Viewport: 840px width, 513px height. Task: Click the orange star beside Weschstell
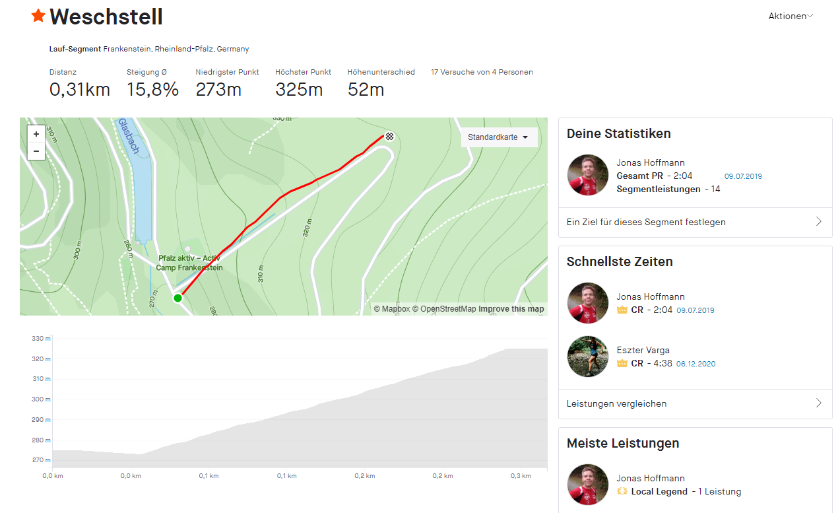tap(38, 16)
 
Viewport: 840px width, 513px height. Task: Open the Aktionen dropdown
tap(791, 16)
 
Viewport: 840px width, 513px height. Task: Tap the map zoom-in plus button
tap(36, 133)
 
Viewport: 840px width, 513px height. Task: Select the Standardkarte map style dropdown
tap(498, 137)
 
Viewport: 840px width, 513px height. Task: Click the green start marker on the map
tap(178, 298)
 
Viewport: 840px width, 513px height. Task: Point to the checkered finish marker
tap(390, 137)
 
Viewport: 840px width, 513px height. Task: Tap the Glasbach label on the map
tap(129, 136)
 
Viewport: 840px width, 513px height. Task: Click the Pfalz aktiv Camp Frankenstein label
tap(189, 263)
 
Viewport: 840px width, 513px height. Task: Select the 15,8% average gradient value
tap(152, 90)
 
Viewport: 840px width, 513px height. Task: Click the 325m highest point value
tap(299, 90)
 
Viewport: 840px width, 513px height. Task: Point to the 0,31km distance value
tap(79, 90)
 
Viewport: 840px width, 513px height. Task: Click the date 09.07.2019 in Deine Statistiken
tap(743, 176)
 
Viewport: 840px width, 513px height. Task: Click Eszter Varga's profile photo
tap(587, 357)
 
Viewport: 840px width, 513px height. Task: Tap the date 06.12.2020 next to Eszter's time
tap(695, 364)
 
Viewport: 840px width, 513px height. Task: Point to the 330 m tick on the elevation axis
tap(41, 339)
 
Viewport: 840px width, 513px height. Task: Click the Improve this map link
tap(511, 309)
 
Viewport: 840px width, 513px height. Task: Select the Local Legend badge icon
tap(621, 491)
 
